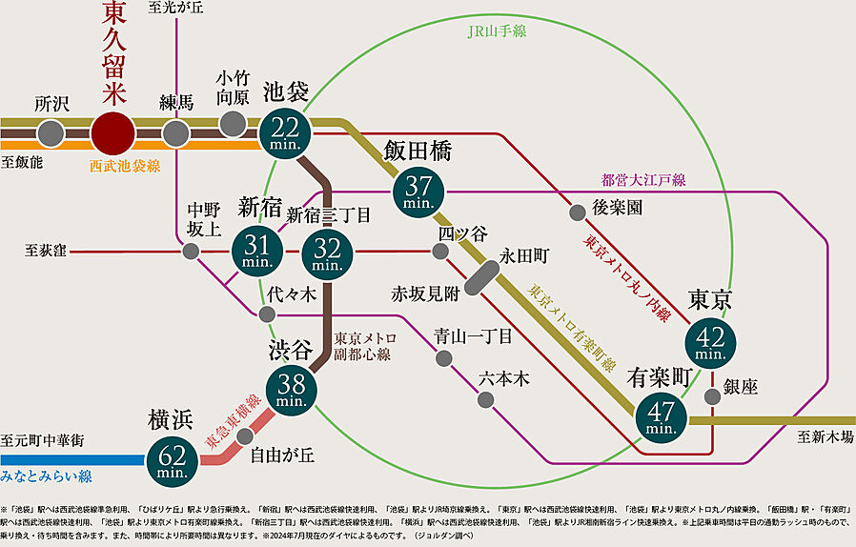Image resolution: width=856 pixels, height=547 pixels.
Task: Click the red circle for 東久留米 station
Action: tap(112, 132)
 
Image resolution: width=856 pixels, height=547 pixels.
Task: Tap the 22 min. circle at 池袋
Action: tap(285, 132)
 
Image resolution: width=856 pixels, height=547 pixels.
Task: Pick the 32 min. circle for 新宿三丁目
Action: tap(327, 253)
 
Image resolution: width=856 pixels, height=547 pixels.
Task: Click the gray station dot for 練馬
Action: tap(175, 132)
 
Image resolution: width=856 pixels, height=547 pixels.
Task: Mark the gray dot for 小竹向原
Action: tap(233, 123)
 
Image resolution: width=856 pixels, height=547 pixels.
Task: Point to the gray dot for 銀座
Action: tap(713, 396)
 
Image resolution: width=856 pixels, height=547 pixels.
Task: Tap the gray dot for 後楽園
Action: tap(577, 212)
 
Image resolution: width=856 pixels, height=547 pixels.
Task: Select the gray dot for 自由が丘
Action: tap(245, 436)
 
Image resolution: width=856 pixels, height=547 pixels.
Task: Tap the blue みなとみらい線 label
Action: tap(46, 474)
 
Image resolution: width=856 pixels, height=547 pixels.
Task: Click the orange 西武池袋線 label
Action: tap(125, 166)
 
